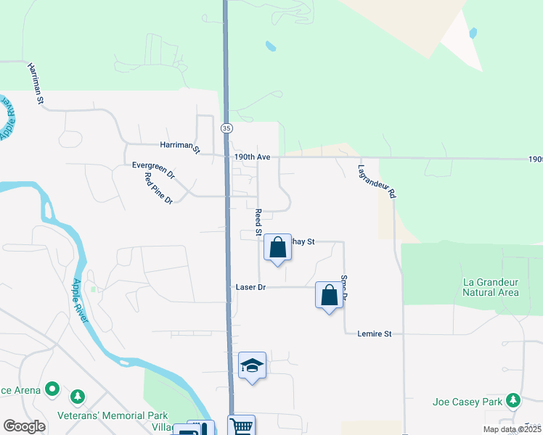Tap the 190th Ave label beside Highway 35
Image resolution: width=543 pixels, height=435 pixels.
(252, 157)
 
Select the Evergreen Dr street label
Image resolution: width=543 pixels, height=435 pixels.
(153, 170)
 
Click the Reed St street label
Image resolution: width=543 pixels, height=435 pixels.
(258, 223)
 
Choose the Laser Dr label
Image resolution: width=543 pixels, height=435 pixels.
(251, 287)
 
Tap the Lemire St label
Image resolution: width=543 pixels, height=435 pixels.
(375, 333)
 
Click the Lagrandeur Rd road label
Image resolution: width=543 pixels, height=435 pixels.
(376, 181)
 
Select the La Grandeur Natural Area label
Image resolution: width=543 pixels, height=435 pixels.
(491, 287)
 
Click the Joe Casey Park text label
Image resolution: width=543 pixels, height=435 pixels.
(466, 401)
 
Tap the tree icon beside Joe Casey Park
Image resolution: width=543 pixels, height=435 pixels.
(514, 400)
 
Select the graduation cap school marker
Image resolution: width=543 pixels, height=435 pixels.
(253, 365)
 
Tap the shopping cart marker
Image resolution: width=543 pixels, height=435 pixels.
(242, 426)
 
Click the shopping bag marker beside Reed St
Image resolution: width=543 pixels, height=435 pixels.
(277, 247)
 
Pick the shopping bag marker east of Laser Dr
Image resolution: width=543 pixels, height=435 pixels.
(330, 295)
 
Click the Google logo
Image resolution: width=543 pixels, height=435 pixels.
(25, 426)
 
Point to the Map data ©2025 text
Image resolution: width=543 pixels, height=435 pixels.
(512, 429)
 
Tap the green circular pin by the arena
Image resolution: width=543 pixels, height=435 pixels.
(52, 390)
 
